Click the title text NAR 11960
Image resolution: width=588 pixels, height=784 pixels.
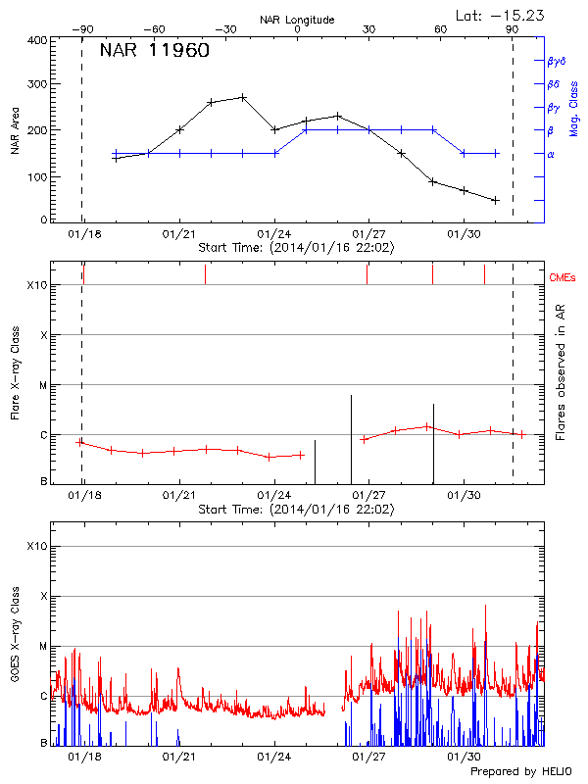point(155,52)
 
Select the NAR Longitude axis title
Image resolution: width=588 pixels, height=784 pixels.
point(297,19)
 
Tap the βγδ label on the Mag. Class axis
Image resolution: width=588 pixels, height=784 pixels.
point(556,61)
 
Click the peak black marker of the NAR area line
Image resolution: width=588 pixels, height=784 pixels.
point(243,97)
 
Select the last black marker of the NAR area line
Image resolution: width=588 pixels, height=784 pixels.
point(496,200)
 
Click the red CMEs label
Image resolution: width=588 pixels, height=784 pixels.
point(563,278)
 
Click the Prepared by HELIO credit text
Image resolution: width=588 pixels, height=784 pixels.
point(519,772)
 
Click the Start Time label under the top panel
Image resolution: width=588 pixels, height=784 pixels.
point(296,248)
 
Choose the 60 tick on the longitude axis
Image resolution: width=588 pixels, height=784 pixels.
point(441,29)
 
